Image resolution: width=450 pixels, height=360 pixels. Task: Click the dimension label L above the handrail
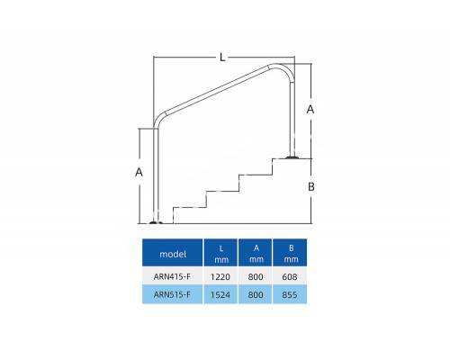(222, 57)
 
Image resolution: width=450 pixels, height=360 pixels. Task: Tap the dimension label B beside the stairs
(311, 186)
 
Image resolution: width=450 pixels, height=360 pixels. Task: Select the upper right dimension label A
(310, 109)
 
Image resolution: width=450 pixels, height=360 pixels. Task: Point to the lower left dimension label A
(139, 172)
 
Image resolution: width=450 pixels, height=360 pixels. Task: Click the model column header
(173, 254)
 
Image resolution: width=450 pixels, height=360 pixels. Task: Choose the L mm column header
(221, 254)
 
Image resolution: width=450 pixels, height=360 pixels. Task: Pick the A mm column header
(256, 254)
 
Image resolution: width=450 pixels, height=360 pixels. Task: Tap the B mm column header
(291, 254)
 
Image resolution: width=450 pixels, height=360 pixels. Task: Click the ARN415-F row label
(172, 276)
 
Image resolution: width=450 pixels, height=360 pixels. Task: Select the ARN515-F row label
(172, 294)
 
